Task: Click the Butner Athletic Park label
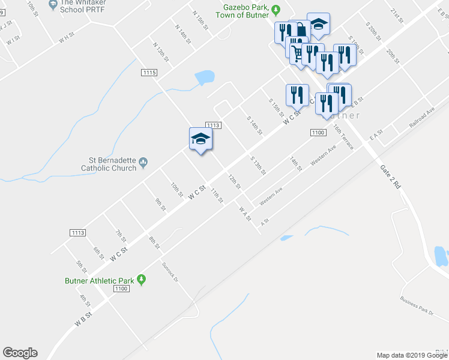click(x=99, y=280)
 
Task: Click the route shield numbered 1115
click(x=150, y=72)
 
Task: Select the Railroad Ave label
click(x=421, y=117)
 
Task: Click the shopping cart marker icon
click(x=297, y=54)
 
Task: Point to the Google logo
click(x=20, y=353)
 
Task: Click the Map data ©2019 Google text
click(x=412, y=355)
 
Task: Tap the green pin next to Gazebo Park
click(x=276, y=10)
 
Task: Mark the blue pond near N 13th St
click(x=205, y=77)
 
